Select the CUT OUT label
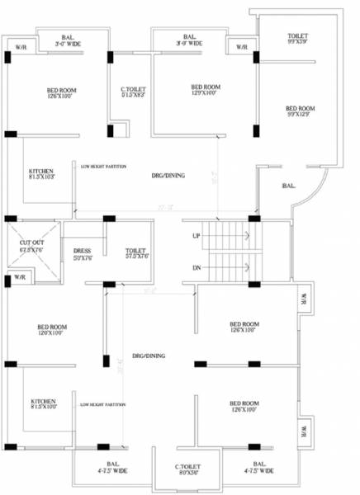point(31,243)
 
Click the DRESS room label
point(82,252)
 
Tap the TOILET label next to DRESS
point(135,252)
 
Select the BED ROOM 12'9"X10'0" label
point(206,89)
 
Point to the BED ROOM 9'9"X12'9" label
point(301,111)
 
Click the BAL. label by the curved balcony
point(289,186)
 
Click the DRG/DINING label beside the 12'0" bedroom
point(149,356)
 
